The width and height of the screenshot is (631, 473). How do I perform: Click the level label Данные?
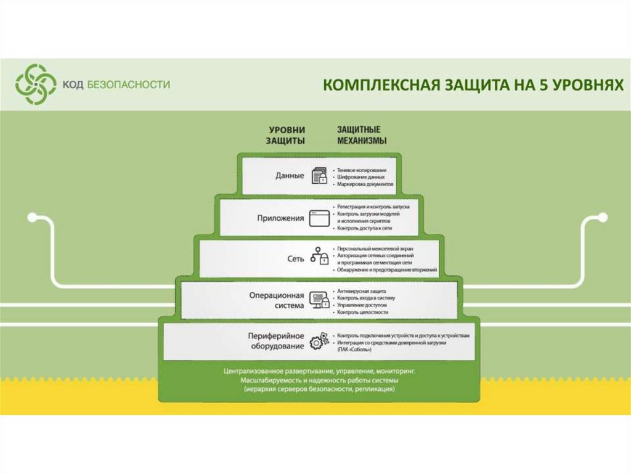pos(290,176)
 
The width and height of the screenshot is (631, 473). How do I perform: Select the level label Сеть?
pos(296,258)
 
